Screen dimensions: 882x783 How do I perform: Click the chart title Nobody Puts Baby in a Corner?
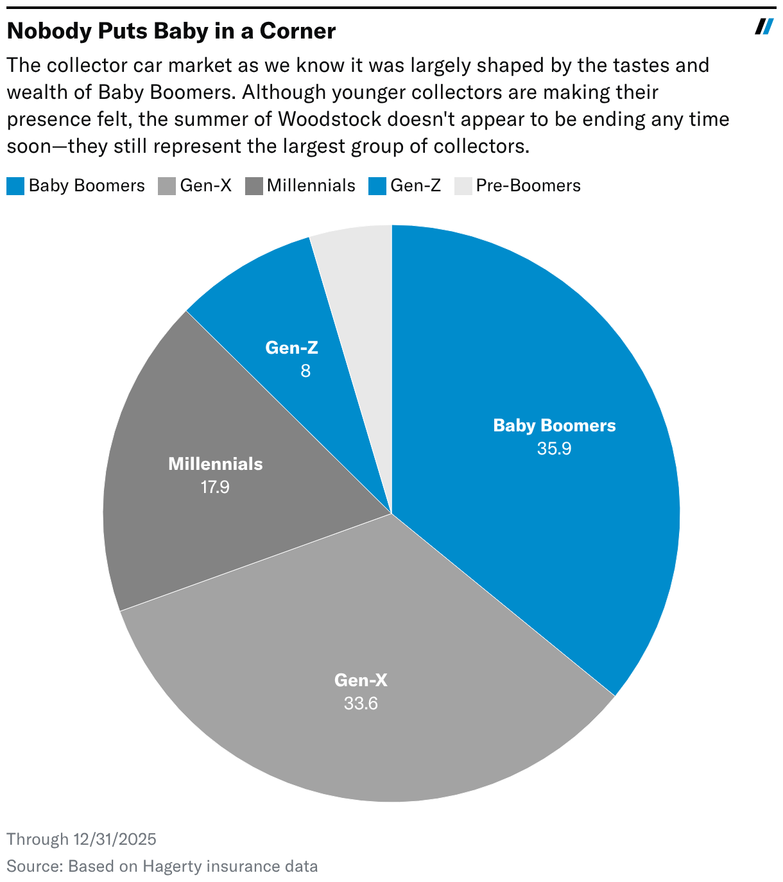pyautogui.click(x=171, y=31)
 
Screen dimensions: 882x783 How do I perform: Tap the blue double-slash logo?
pyautogui.click(x=764, y=27)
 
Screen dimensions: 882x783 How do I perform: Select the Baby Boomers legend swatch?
pyautogui.click(x=15, y=186)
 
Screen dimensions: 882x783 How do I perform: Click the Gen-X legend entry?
pyautogui.click(x=195, y=186)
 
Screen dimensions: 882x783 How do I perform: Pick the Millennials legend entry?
pyautogui.click(x=300, y=186)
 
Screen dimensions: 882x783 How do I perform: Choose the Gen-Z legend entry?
pyautogui.click(x=405, y=186)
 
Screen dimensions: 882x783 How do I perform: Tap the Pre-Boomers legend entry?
pyautogui.click(x=517, y=186)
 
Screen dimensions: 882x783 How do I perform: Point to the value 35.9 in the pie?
pyautogui.click(x=554, y=449)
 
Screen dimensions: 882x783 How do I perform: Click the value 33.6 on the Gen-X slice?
pyautogui.click(x=361, y=704)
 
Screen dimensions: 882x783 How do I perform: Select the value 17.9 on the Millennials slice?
pyautogui.click(x=215, y=487)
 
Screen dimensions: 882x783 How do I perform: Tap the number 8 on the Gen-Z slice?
pyautogui.click(x=305, y=371)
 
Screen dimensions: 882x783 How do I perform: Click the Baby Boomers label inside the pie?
pyautogui.click(x=554, y=426)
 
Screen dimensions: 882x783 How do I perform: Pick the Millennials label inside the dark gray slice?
pyautogui.click(x=215, y=464)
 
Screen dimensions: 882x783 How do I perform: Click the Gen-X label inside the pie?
pyautogui.click(x=361, y=680)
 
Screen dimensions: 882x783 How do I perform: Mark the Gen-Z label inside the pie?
pyautogui.click(x=292, y=348)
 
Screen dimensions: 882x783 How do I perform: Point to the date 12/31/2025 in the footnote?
pyautogui.click(x=115, y=840)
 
